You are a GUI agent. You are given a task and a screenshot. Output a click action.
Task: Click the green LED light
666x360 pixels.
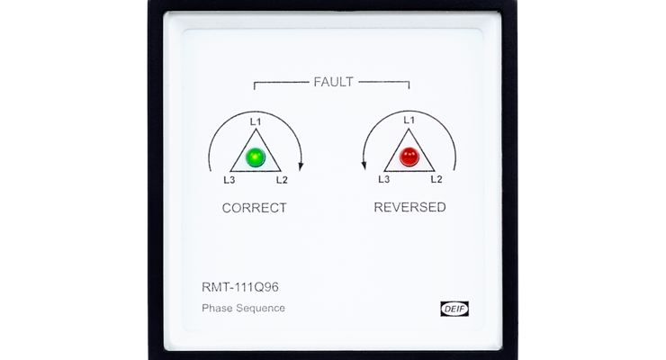pyautogui.click(x=256, y=157)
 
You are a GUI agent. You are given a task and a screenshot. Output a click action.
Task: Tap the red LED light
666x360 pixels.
pyautogui.click(x=409, y=157)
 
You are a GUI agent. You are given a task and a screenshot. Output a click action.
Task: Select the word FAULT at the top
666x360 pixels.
pyautogui.click(x=333, y=82)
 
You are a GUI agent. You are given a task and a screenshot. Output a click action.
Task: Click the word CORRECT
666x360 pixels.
pyautogui.click(x=255, y=208)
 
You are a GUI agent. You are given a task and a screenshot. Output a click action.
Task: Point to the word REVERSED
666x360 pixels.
pyautogui.click(x=409, y=207)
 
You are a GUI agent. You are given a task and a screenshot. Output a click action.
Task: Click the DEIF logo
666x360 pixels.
pyautogui.click(x=454, y=309)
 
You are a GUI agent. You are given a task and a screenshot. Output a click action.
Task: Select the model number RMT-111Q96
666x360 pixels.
pyautogui.click(x=240, y=287)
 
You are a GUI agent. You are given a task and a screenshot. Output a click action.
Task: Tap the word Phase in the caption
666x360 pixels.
pyautogui.click(x=217, y=308)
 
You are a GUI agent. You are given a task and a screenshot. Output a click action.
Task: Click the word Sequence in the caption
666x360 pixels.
pyautogui.click(x=260, y=308)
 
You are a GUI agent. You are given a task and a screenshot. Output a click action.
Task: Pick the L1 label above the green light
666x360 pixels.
pyautogui.click(x=256, y=122)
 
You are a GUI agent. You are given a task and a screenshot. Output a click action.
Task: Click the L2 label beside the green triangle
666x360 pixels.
pyautogui.click(x=282, y=180)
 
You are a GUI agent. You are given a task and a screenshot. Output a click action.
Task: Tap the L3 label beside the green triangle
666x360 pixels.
pyautogui.click(x=229, y=180)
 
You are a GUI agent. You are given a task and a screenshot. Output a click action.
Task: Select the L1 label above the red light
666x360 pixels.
pyautogui.click(x=409, y=121)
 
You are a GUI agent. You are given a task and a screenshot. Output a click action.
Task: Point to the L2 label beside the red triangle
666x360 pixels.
pyautogui.click(x=436, y=179)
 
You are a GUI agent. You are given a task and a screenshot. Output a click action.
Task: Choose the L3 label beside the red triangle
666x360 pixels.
pyautogui.click(x=384, y=179)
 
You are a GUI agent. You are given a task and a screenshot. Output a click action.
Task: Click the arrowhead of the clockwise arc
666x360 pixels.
pyautogui.click(x=301, y=166)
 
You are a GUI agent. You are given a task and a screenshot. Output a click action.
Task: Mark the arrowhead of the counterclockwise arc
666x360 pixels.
pyautogui.click(x=364, y=165)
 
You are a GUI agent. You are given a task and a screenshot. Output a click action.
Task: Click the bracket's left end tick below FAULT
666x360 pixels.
pyautogui.click(x=255, y=85)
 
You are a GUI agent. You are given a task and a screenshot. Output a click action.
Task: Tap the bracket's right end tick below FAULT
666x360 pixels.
pyautogui.click(x=409, y=85)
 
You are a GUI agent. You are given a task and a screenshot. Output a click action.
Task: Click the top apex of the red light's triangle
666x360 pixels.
pyautogui.click(x=409, y=129)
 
